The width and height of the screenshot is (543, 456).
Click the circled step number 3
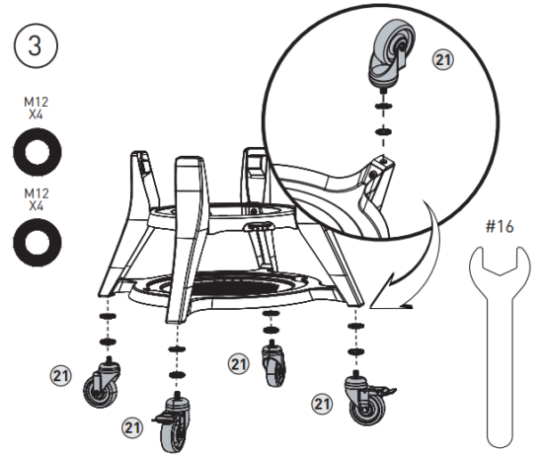(x=37, y=45)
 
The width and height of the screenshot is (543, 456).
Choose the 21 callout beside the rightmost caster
(x=321, y=403)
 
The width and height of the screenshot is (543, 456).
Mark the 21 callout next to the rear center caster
(x=238, y=364)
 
